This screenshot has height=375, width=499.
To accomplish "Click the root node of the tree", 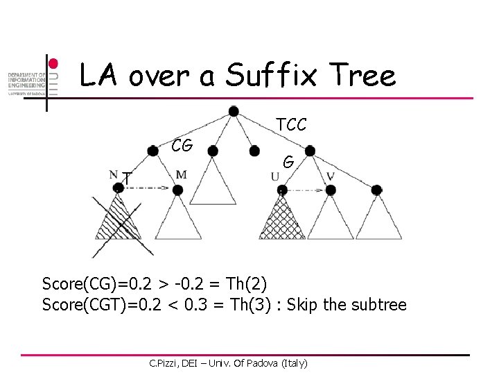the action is click(234, 111).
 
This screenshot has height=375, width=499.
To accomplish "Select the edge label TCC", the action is click(291, 125).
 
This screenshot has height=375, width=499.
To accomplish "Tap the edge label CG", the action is click(182, 145).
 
